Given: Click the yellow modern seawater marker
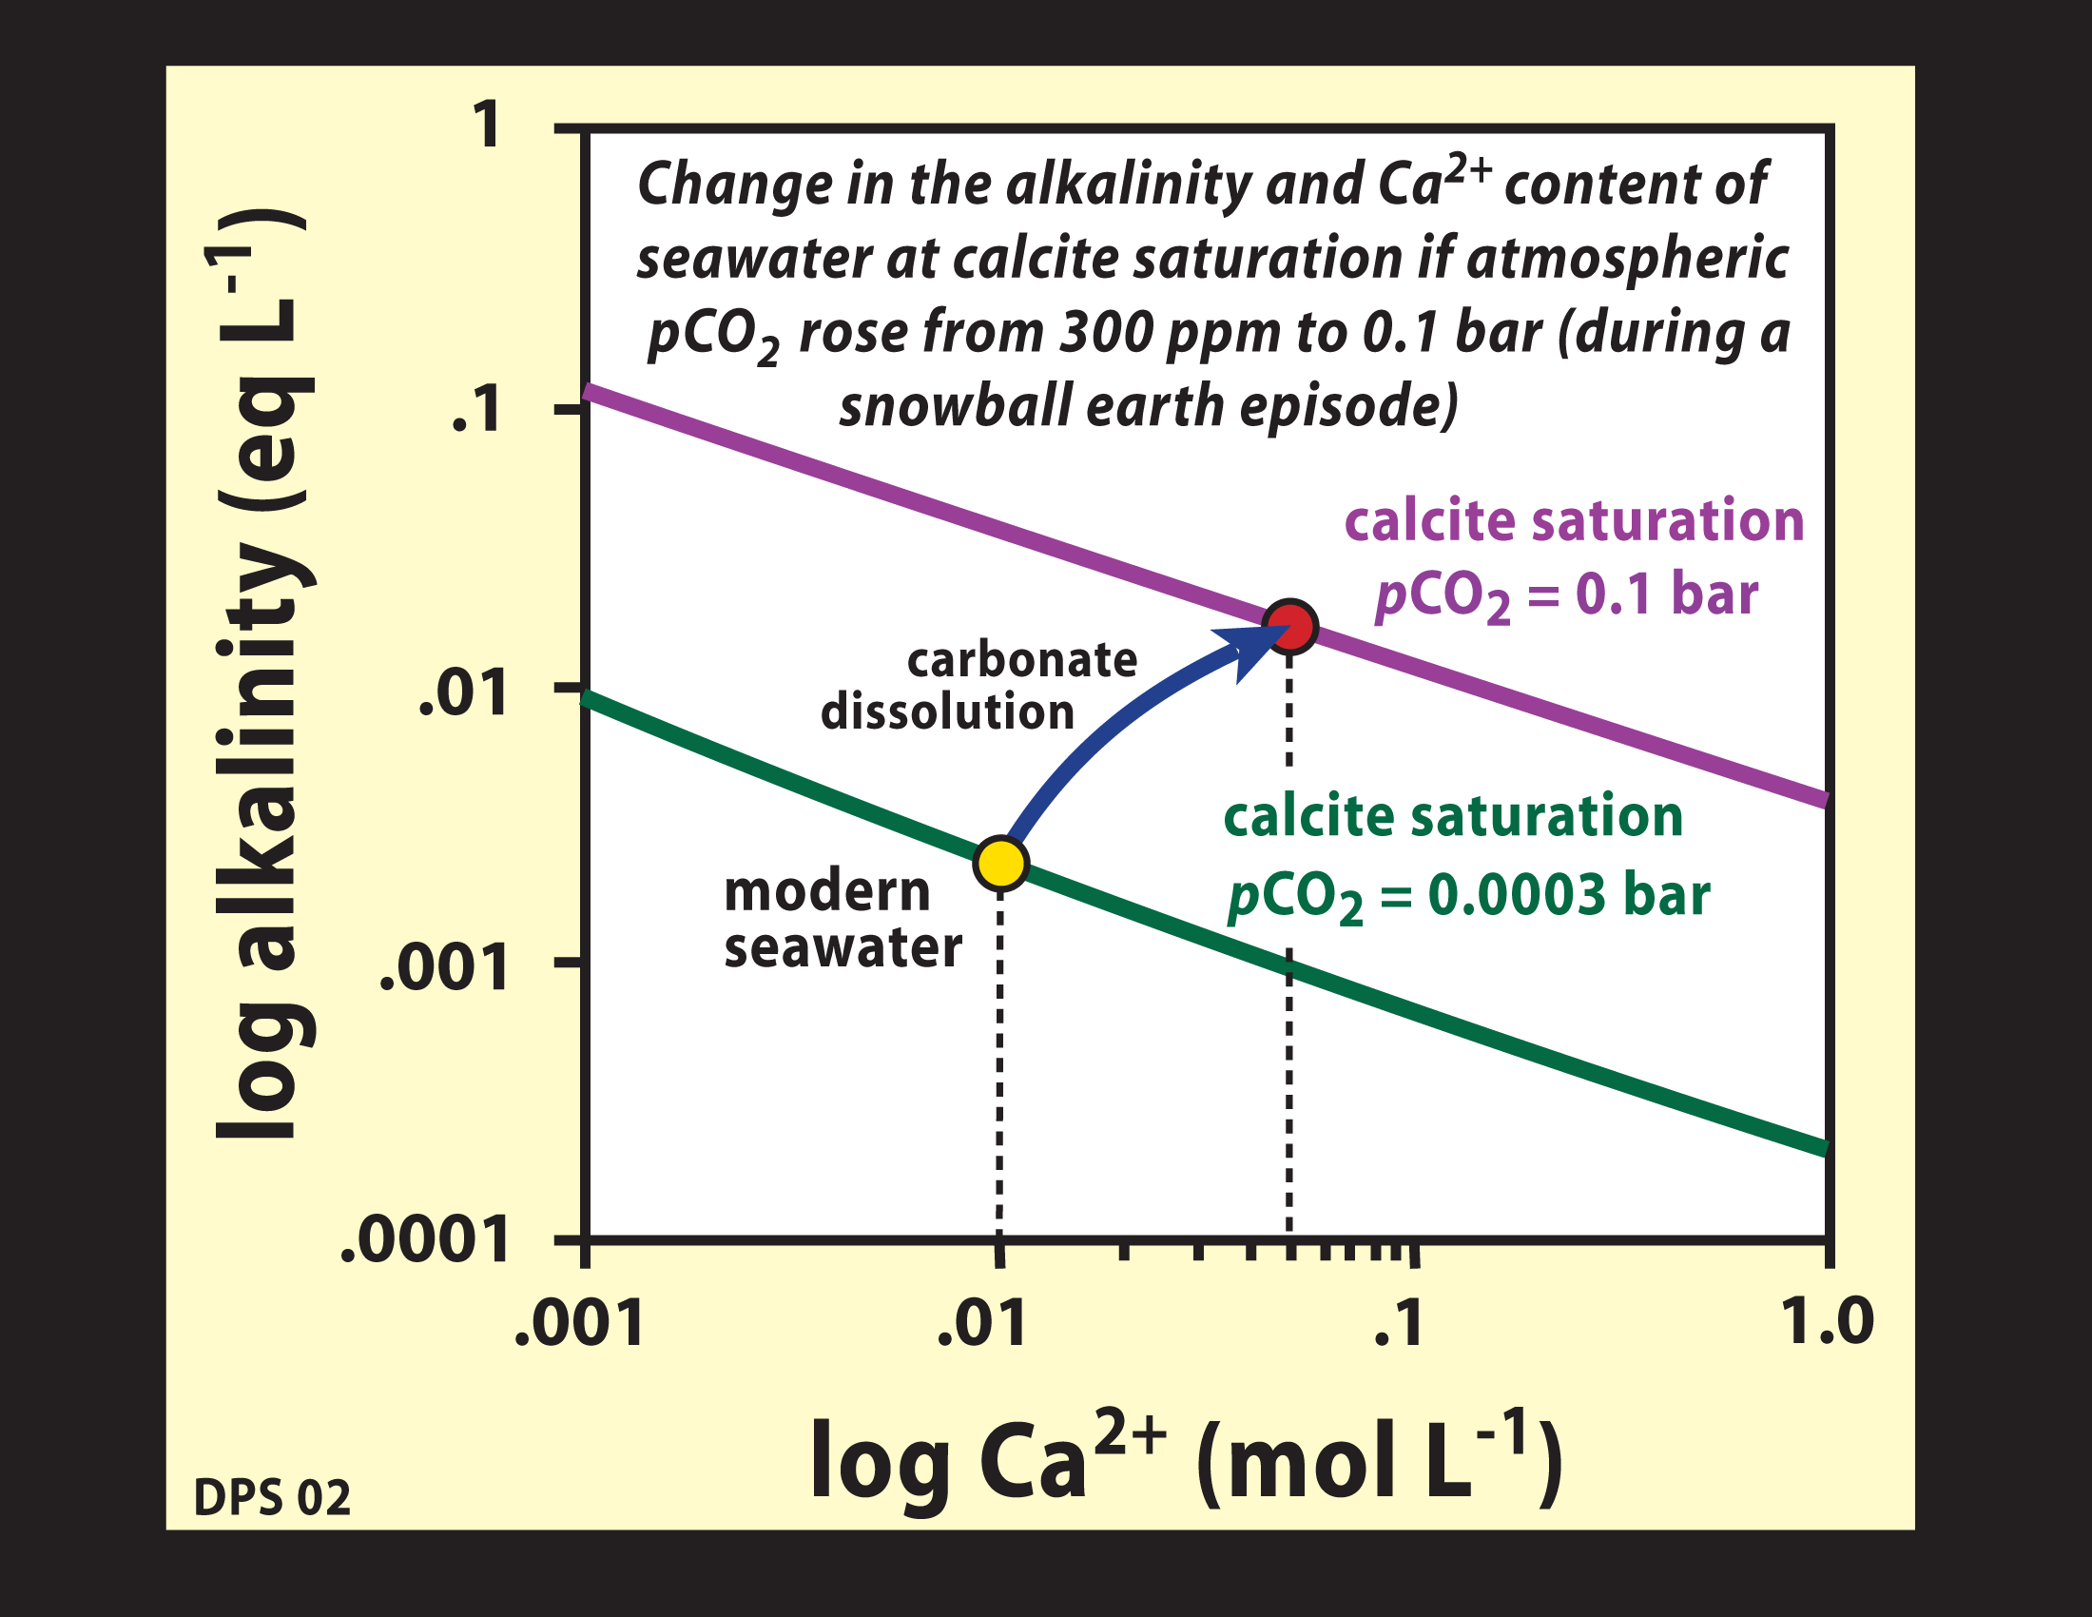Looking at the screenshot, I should pos(1000,862).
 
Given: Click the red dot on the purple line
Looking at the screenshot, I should pos(1290,628).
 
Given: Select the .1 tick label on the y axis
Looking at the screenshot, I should pos(476,412).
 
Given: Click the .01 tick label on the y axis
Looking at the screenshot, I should pos(463,694).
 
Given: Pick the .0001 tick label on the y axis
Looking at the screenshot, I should pos(424,1241).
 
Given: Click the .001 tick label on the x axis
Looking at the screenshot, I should pos(579,1324).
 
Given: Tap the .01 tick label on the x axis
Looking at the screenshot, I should pos(982,1324).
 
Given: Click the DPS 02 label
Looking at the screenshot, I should pos(272,1497).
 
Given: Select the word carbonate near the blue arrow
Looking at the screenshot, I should pos(1022,660).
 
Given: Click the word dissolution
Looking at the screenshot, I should pos(947,712).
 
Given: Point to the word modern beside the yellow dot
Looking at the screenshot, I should pos(826,892).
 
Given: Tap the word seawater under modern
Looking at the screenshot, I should pos(843,948).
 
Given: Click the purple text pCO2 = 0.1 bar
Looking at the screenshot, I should pos(1566,594).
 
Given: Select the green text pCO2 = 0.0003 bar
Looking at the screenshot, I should pos(1468,898).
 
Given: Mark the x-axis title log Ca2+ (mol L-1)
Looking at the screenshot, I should pos(1187,1461).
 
